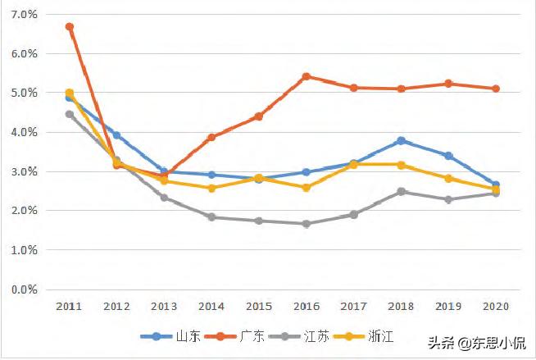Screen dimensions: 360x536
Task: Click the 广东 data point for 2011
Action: pyautogui.click(x=70, y=27)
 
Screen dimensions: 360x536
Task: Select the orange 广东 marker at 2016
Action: pyautogui.click(x=306, y=76)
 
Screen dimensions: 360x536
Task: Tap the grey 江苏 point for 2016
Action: pyautogui.click(x=306, y=224)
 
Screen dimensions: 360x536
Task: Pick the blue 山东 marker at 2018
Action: pyautogui.click(x=401, y=141)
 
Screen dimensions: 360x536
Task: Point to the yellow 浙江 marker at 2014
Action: pyautogui.click(x=211, y=188)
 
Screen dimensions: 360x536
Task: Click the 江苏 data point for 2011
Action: pyautogui.click(x=70, y=114)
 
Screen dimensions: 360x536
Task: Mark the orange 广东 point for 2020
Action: pyautogui.click(x=496, y=89)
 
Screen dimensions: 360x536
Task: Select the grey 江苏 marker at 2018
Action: pyautogui.click(x=401, y=192)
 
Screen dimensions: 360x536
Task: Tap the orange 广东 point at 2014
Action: pyautogui.click(x=211, y=137)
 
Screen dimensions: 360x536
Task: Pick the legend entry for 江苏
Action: pyautogui.click(x=302, y=336)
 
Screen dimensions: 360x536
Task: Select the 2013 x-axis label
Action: pyautogui.click(x=164, y=306)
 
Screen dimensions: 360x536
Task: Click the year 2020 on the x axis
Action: pyautogui.click(x=496, y=306)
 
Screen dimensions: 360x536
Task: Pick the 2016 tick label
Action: pyautogui.click(x=306, y=306)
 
